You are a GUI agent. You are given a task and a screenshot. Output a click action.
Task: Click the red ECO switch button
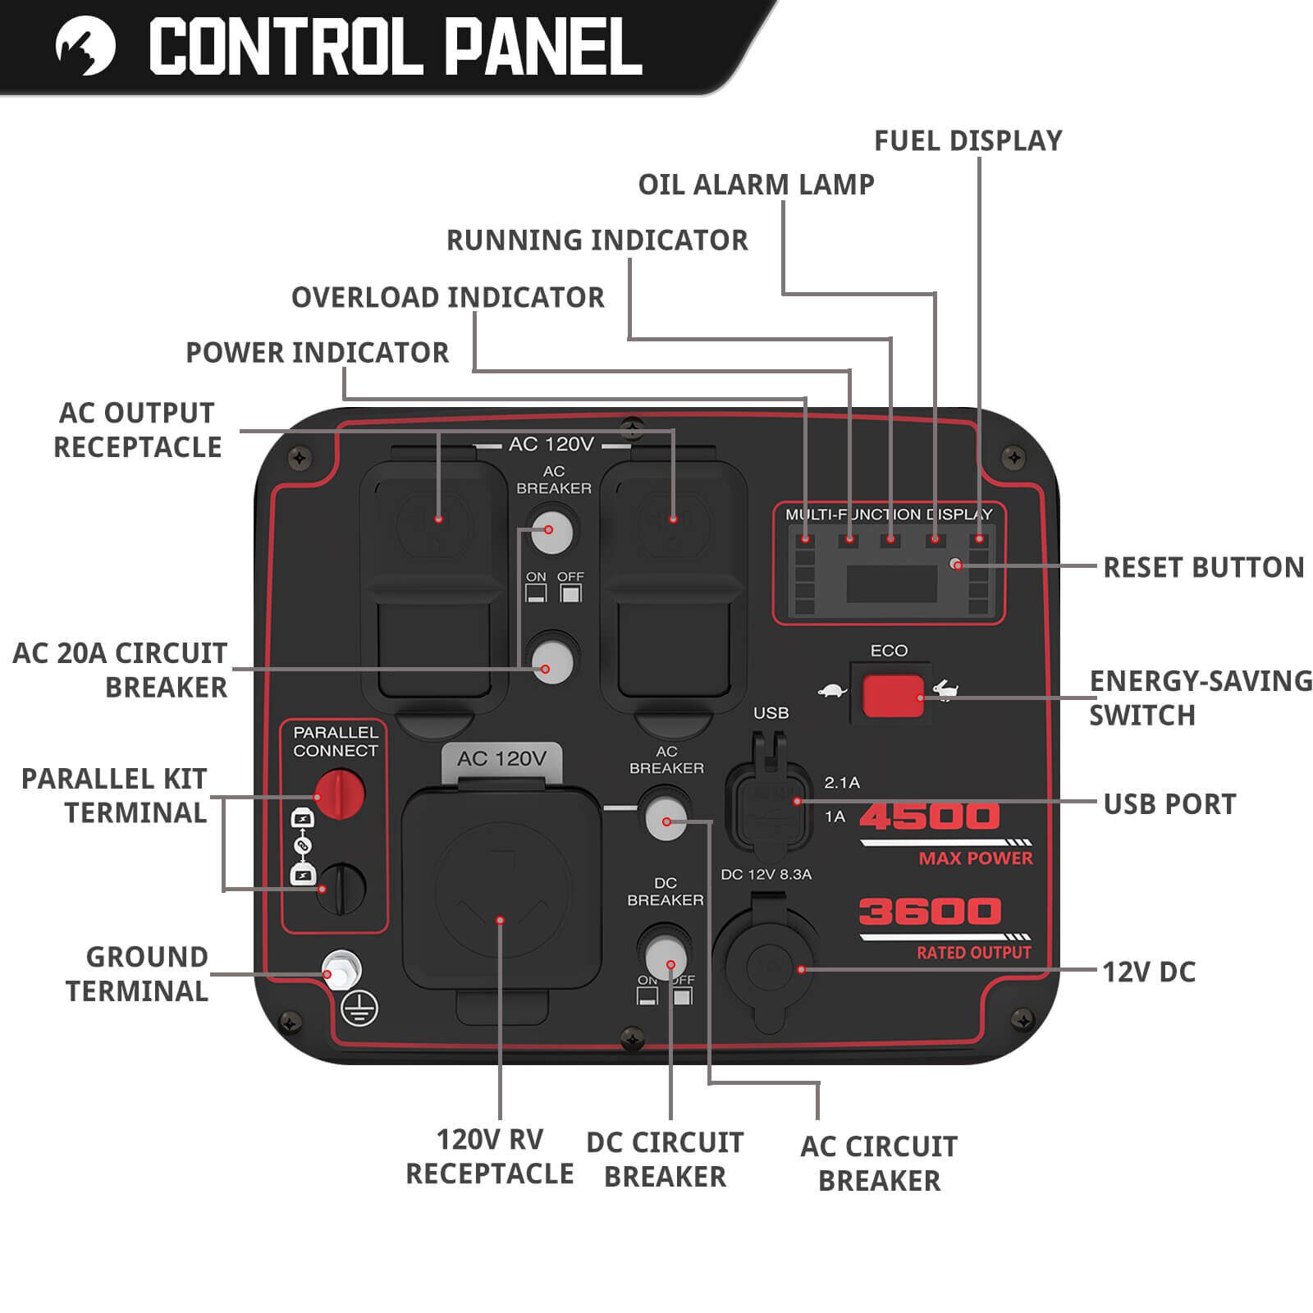pyautogui.click(x=892, y=696)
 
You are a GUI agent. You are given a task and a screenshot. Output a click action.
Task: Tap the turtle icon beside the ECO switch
pyautogui.click(x=832, y=691)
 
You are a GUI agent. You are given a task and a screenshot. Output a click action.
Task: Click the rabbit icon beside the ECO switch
pyautogui.click(x=945, y=691)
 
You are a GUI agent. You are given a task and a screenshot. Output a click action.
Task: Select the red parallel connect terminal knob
pyautogui.click(x=340, y=794)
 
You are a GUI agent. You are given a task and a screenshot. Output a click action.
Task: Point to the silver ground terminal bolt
pyautogui.click(x=341, y=970)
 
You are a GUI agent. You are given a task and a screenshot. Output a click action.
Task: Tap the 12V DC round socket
pyautogui.click(x=767, y=968)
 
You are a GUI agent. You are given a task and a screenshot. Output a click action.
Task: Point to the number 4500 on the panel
pyautogui.click(x=930, y=817)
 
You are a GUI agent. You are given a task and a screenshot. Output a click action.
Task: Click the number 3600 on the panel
pyautogui.click(x=930, y=912)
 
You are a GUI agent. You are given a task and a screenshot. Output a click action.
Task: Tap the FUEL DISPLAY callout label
pyautogui.click(x=968, y=141)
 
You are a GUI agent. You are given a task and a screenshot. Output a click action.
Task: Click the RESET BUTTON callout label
pyautogui.click(x=1203, y=567)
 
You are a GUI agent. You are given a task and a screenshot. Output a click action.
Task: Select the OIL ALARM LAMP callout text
pyautogui.click(x=756, y=185)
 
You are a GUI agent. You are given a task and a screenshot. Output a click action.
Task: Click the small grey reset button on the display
pyautogui.click(x=956, y=564)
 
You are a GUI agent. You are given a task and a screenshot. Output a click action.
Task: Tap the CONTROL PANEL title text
pyautogui.click(x=395, y=48)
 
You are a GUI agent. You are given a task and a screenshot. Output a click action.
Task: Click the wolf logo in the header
pyautogui.click(x=85, y=47)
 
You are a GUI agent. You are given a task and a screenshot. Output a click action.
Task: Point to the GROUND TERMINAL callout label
pyautogui.click(x=137, y=974)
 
